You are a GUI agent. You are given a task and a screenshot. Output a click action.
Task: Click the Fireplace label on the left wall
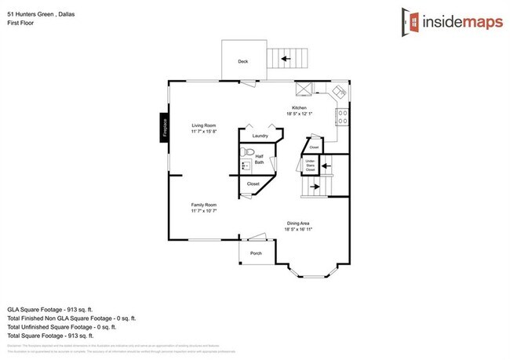[x=166, y=128]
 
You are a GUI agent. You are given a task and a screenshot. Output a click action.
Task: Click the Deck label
[x=243, y=61]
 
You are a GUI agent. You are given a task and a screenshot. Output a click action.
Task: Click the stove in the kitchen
[x=341, y=118]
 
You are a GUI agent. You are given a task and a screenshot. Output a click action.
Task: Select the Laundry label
[x=260, y=136]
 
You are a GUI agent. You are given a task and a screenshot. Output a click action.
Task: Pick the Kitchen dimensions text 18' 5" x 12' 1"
[x=299, y=114]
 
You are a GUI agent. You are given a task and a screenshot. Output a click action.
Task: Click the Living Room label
[x=204, y=125]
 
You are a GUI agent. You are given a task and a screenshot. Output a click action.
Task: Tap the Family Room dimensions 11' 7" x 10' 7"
[x=203, y=211]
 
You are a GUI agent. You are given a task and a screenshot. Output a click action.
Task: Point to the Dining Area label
[x=299, y=223]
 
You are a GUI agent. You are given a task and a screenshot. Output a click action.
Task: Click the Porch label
[x=256, y=254]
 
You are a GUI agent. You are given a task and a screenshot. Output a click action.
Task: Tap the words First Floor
[x=21, y=24]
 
